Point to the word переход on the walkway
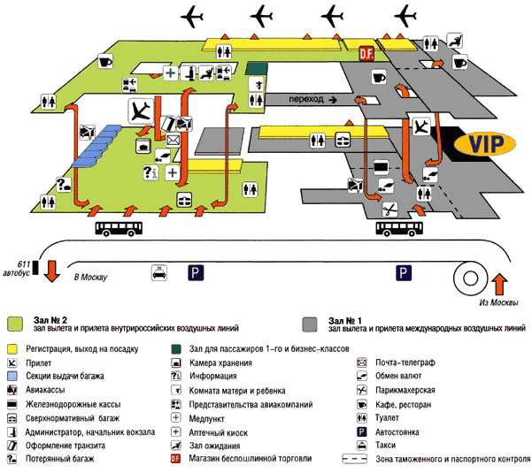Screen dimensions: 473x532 (x=306, y=100)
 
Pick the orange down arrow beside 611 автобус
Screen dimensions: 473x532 (x=51, y=270)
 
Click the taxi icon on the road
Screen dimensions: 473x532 (x=158, y=273)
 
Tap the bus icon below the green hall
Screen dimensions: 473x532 (x=120, y=230)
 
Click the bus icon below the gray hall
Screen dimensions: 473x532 (x=399, y=230)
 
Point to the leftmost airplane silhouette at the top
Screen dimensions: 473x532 (x=193, y=15)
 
